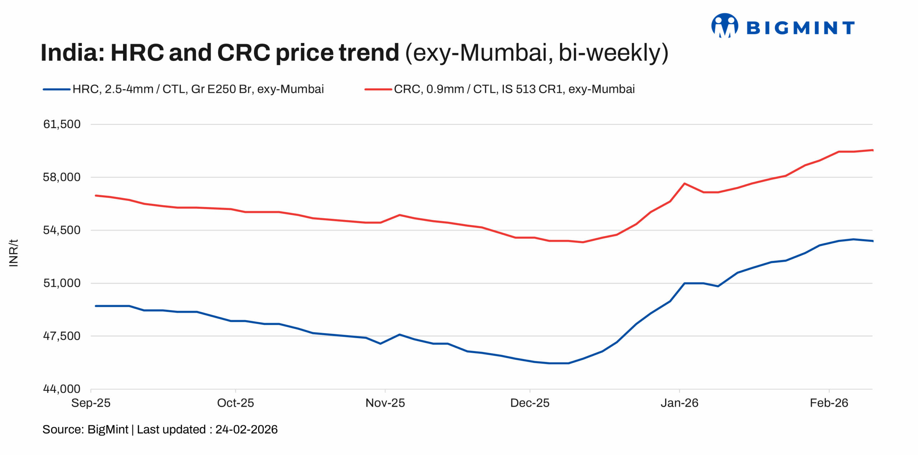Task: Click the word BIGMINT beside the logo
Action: tap(800, 28)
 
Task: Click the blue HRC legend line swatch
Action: tap(56, 89)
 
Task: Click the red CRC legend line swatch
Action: tap(378, 89)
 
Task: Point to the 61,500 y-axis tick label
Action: tap(62, 124)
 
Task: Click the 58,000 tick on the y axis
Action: tap(62, 177)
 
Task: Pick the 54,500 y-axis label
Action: tap(62, 230)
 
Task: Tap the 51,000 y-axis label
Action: tap(62, 283)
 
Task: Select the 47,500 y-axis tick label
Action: tap(62, 336)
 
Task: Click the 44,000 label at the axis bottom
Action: tap(62, 389)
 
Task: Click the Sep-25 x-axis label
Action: tap(91, 403)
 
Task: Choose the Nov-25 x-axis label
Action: tap(385, 403)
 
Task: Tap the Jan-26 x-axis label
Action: tap(679, 403)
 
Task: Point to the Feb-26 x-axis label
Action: tap(829, 403)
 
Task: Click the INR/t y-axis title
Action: tap(13, 253)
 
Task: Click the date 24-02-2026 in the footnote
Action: tap(246, 430)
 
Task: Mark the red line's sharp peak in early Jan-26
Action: tap(685, 183)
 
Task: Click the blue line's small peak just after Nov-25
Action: tap(399, 334)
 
